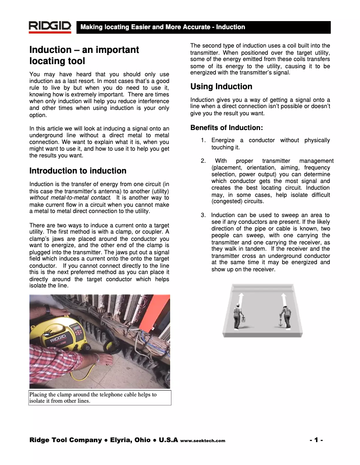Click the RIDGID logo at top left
click(50, 27)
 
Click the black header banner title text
click(162, 27)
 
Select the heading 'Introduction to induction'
click(78, 171)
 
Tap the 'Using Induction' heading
click(221, 87)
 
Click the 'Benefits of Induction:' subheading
click(226, 128)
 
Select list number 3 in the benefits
click(203, 215)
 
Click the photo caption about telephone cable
click(93, 398)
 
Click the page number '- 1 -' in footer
click(316, 440)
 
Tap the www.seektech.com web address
click(202, 441)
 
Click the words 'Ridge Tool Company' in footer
click(66, 440)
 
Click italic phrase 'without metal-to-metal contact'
click(70, 197)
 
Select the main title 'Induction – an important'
click(84, 50)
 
